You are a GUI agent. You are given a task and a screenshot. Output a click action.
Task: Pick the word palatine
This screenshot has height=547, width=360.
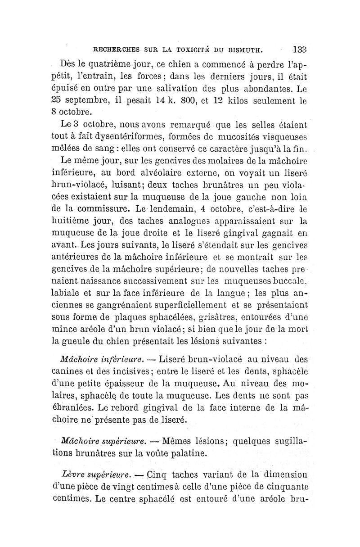point(187,452)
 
